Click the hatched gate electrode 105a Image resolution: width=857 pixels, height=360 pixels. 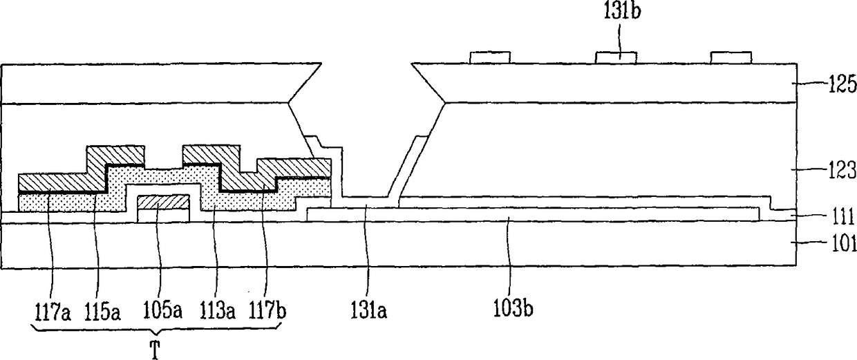(x=163, y=202)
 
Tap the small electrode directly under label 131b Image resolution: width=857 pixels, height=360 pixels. (x=616, y=57)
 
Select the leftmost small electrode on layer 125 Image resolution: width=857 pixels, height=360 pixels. (x=489, y=57)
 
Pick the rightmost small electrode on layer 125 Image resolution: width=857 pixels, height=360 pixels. (x=731, y=57)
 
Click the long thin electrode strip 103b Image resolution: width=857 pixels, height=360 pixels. (x=532, y=214)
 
